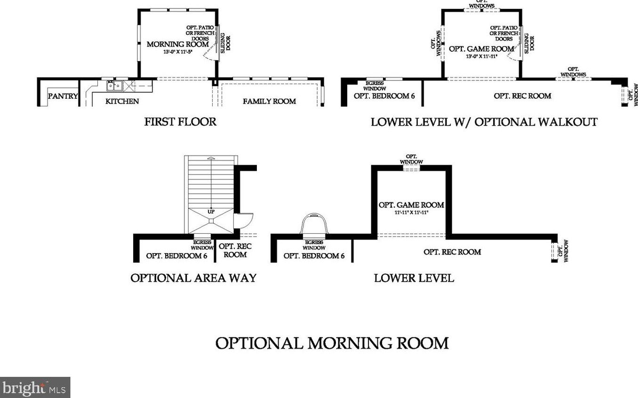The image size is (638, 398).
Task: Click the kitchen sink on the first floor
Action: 114,86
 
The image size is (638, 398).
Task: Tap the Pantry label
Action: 63,96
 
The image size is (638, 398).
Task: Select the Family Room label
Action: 269,101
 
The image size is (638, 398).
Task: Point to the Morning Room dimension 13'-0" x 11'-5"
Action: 178,52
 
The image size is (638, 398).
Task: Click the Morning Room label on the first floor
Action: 178,44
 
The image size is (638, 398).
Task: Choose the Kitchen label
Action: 122,101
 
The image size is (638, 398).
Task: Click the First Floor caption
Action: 180,121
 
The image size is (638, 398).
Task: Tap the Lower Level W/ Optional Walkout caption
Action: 484,122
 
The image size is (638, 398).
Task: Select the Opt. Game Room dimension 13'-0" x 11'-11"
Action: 482,56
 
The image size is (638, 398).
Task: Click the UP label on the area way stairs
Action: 211,212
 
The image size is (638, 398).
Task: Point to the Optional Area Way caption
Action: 193,278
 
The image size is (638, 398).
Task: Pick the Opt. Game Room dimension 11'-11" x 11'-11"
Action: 411,212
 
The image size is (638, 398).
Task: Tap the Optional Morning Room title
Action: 332,343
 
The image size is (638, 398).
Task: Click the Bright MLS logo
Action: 35,388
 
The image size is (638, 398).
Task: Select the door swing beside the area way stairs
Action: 244,221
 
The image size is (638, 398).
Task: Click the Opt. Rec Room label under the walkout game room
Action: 522,96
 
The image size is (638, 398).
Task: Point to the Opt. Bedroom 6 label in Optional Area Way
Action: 176,255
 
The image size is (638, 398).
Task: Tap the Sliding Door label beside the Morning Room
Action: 225,43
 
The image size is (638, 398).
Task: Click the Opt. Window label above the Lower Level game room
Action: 411,159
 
